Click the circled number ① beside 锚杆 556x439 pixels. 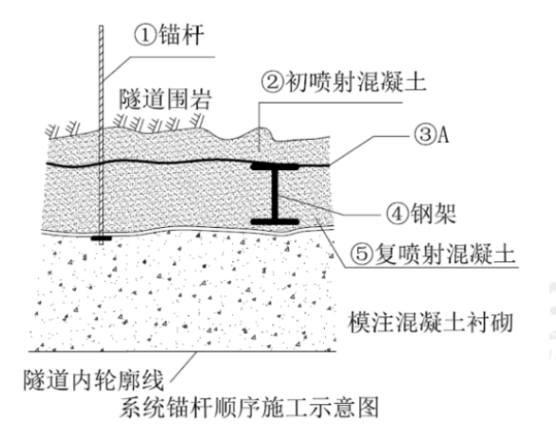pos(145,35)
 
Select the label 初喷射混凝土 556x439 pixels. pos(355,82)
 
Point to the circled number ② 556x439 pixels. pos(273,82)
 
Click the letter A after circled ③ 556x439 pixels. pos(443,135)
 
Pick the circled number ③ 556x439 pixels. pos(425,135)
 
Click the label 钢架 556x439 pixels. pos(433,214)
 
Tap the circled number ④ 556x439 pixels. pos(396,214)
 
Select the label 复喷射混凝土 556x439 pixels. pos(445,254)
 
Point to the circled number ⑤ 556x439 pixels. pos(362,254)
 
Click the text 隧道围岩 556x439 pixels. pos(165,99)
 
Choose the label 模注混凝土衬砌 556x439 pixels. pos(431,322)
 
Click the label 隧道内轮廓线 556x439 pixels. pos(93,380)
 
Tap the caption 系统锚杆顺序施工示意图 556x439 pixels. pos(249,408)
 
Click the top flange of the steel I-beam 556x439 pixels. pos(275,166)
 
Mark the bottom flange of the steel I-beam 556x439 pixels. pos(275,222)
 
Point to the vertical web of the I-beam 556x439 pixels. pos(275,194)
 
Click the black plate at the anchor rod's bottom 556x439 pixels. pos(101,239)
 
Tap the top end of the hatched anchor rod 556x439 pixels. pos(101,26)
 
